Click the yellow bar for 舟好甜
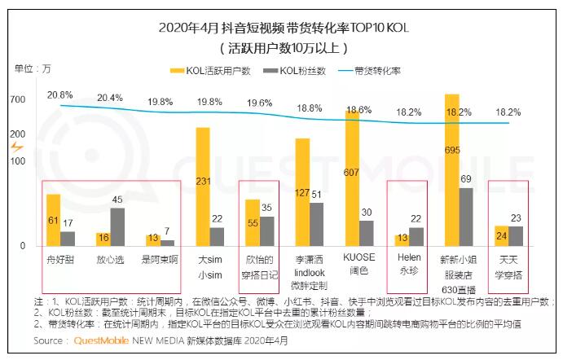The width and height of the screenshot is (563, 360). tap(53, 220)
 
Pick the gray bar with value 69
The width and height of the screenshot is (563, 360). tap(465, 217)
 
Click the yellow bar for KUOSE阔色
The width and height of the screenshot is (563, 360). tap(352, 178)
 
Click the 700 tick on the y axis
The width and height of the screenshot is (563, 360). tap(18, 100)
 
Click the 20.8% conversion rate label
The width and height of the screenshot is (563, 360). tap(59, 95)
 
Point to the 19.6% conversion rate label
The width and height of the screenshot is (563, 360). tap(259, 103)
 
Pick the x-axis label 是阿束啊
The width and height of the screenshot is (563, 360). tap(159, 259)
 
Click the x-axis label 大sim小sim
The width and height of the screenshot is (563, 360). tap(209, 267)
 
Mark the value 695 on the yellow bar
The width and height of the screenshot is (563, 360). tap(452, 151)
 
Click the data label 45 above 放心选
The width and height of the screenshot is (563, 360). tap(117, 200)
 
